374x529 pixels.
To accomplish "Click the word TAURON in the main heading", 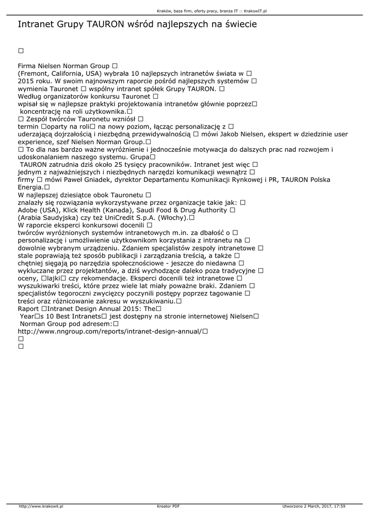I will coord(105,24).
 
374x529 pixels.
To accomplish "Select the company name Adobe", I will coord(29,210).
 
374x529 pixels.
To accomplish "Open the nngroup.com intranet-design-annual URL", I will coord(109,331).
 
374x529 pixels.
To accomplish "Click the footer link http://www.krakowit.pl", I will coord(41,507).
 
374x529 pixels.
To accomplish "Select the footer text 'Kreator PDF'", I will coord(168,507).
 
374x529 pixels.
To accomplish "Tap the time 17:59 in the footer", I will coord(339,507).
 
